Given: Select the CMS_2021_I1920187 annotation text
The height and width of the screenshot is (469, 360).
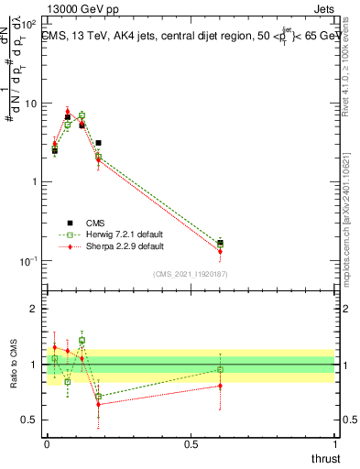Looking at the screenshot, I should click(x=191, y=274).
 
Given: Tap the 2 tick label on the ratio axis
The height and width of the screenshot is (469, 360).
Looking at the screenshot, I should click(x=34, y=309).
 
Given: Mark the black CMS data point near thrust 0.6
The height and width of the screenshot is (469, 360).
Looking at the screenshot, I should click(x=220, y=243).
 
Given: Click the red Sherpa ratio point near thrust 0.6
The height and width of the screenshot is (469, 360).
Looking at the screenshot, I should click(x=220, y=386).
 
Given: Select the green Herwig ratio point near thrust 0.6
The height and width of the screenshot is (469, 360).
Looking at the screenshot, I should click(x=220, y=369).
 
